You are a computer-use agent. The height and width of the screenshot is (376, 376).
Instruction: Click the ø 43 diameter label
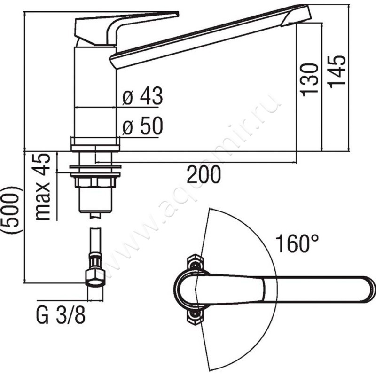coord(142,96)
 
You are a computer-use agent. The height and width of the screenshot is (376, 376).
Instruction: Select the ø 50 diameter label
coord(142,126)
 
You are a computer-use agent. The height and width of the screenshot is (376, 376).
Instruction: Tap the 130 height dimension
coord(309,80)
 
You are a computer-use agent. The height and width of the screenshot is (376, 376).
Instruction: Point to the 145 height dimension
coord(337,72)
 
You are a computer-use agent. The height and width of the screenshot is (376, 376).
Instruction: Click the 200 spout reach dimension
coord(204,174)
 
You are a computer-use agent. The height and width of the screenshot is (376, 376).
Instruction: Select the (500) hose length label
coord(12,210)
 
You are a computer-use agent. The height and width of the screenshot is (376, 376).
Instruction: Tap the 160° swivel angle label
coord(297,243)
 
